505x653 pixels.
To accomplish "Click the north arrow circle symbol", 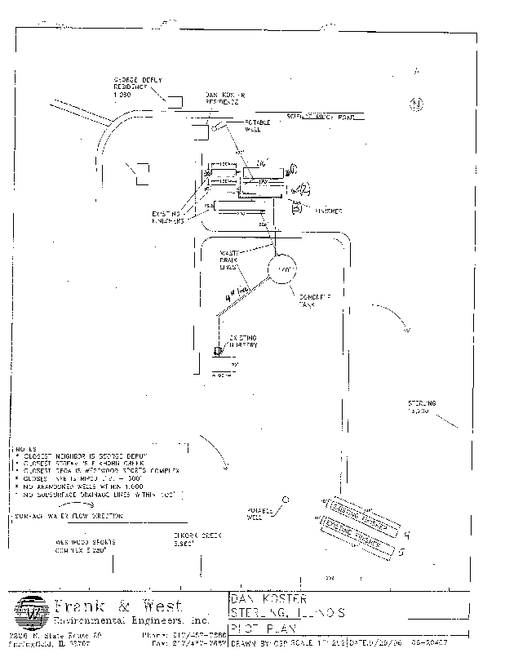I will coord(416,104).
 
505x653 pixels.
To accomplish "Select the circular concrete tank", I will coord(283,270).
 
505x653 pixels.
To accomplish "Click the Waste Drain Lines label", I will coord(228,260).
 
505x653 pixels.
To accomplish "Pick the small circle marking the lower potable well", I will coord(286,498).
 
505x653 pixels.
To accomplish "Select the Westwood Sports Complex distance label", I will coord(86,544).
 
